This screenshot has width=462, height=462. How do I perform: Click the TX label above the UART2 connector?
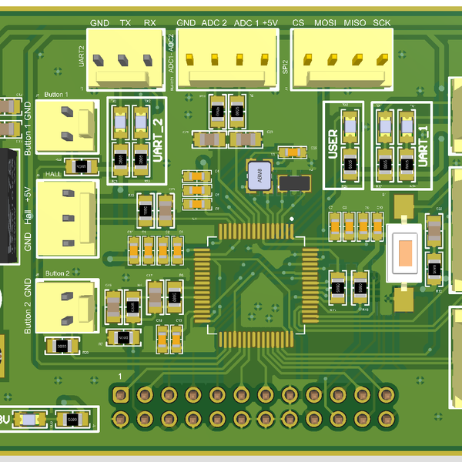pyautogui.click(x=125, y=23)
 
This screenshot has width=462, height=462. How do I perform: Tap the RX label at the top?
pyautogui.click(x=149, y=23)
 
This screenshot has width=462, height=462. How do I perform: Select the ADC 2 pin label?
pyautogui.click(x=214, y=23)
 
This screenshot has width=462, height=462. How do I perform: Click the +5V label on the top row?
pyautogui.click(x=269, y=23)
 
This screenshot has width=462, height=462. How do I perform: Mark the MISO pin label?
pyautogui.click(x=355, y=23)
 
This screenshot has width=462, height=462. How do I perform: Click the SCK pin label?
pyautogui.click(x=381, y=23)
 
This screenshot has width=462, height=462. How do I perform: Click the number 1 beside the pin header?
pyautogui.click(x=120, y=375)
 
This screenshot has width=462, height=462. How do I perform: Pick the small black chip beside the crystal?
pyautogui.click(x=294, y=182)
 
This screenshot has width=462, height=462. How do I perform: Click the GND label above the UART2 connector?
pyautogui.click(x=99, y=23)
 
